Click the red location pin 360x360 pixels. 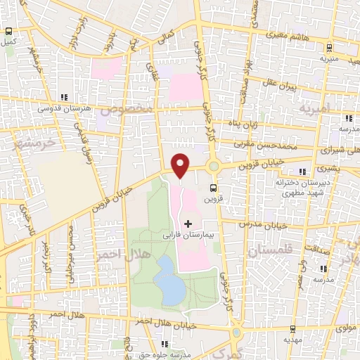(x=180, y=165)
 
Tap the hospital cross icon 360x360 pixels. (x=187, y=223)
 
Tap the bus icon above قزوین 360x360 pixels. (x=212, y=187)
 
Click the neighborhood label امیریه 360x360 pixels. (x=314, y=109)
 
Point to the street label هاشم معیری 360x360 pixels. (x=288, y=34)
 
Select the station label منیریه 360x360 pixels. (x=329, y=58)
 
